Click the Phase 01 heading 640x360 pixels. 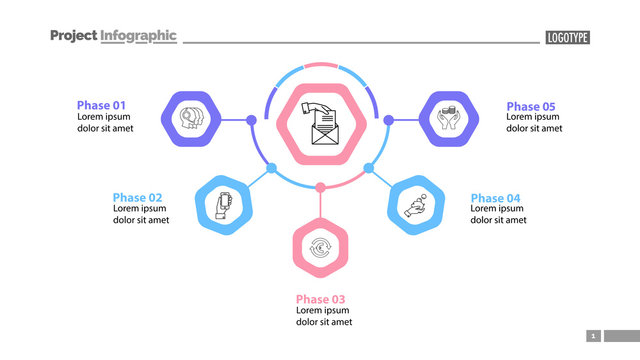101,105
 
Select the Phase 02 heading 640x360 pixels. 137,197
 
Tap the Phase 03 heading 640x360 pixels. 320,299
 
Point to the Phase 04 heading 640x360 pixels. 495,197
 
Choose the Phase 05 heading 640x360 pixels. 531,105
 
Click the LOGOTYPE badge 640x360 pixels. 567,37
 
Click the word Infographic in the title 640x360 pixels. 138,36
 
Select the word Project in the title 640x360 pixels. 73,36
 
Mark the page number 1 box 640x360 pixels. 592,336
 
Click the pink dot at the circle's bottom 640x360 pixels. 320,187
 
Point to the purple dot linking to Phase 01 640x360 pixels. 251,120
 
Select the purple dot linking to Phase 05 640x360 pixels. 388,120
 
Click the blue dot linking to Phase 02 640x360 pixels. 272,168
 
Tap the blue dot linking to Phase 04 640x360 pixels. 368,168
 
